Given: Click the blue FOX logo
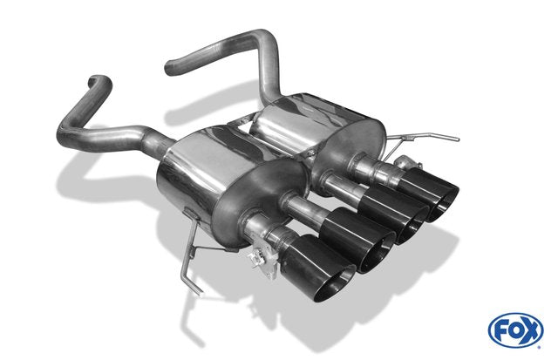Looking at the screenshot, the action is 515,330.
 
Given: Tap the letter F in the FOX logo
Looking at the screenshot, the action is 500,331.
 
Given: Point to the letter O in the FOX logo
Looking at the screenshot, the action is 515,331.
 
